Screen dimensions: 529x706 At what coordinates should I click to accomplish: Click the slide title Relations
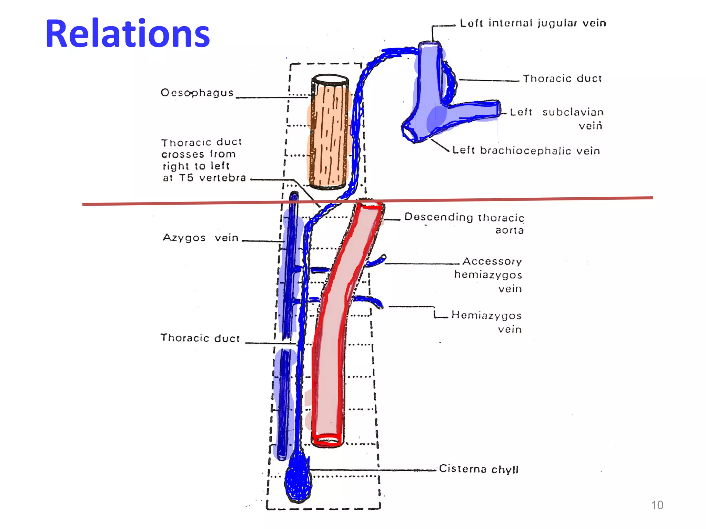[128, 34]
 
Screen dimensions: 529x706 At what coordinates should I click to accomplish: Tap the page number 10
[657, 505]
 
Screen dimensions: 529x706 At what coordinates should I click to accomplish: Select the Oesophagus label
[197, 93]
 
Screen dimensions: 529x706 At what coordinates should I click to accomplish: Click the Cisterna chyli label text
[478, 469]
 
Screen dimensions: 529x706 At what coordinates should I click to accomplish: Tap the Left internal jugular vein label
[533, 23]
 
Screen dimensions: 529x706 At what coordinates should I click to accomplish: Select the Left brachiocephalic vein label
[526, 151]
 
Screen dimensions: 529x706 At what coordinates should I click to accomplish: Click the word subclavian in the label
[573, 112]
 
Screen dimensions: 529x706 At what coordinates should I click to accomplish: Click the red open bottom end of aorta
[327, 440]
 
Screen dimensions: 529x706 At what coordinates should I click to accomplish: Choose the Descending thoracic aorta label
[464, 223]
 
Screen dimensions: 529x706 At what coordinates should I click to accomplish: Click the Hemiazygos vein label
[487, 322]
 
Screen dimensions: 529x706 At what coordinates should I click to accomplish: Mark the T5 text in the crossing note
[186, 178]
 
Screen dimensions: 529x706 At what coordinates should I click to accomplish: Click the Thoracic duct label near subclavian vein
[562, 79]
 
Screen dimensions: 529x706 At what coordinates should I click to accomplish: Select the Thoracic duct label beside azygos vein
[200, 338]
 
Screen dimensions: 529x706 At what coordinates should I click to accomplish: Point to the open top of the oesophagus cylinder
[330, 80]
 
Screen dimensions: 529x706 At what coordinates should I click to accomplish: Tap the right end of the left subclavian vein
[498, 109]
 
